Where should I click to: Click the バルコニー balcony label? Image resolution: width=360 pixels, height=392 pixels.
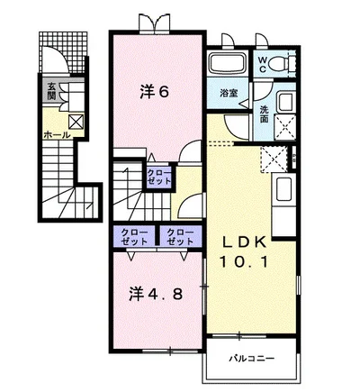(x=250, y=359)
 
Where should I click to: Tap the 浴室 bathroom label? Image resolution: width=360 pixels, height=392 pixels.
(x=229, y=92)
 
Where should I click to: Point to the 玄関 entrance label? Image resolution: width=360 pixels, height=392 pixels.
(x=52, y=93)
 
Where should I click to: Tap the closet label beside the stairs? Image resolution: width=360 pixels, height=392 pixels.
(x=159, y=177)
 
